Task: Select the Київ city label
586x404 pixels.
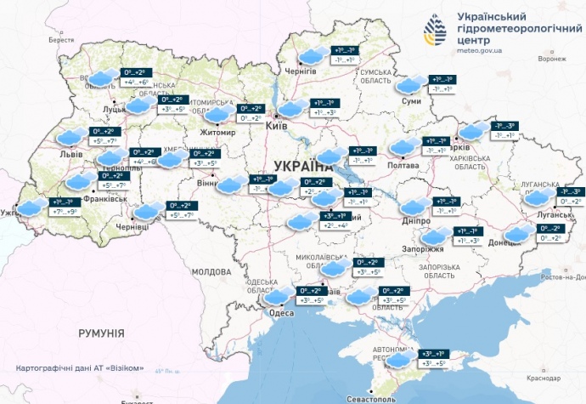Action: (276, 125)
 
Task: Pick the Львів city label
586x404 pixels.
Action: (70, 155)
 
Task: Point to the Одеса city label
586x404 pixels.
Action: (282, 313)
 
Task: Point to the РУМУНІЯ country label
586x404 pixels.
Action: (101, 331)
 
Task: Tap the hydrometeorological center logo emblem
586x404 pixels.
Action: (437, 32)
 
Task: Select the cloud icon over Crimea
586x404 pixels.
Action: (397, 360)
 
